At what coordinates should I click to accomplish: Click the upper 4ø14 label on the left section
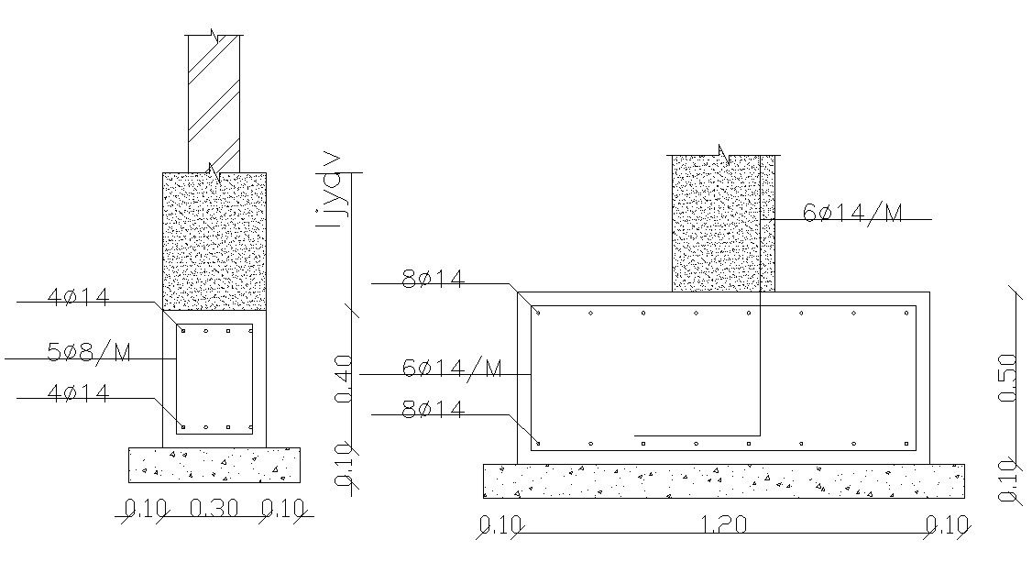[x=78, y=297]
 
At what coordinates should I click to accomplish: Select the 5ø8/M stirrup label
[x=89, y=351]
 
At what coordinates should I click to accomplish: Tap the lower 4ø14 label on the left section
[x=78, y=394]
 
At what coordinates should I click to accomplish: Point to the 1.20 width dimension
[x=723, y=525]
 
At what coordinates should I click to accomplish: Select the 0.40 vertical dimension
[x=345, y=380]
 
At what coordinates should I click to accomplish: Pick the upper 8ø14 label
[x=433, y=280]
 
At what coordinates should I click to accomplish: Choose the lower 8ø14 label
[x=433, y=410]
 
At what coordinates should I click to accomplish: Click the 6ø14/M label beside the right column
[x=852, y=214]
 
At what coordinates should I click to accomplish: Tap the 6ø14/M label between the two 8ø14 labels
[x=452, y=369]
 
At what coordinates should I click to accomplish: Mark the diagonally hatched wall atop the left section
[x=214, y=101]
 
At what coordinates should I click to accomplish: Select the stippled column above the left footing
[x=214, y=240]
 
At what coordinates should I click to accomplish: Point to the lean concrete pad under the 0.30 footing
[x=214, y=465]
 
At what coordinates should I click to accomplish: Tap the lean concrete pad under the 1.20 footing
[x=723, y=481]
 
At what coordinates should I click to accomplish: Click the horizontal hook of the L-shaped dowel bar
[x=697, y=435]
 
